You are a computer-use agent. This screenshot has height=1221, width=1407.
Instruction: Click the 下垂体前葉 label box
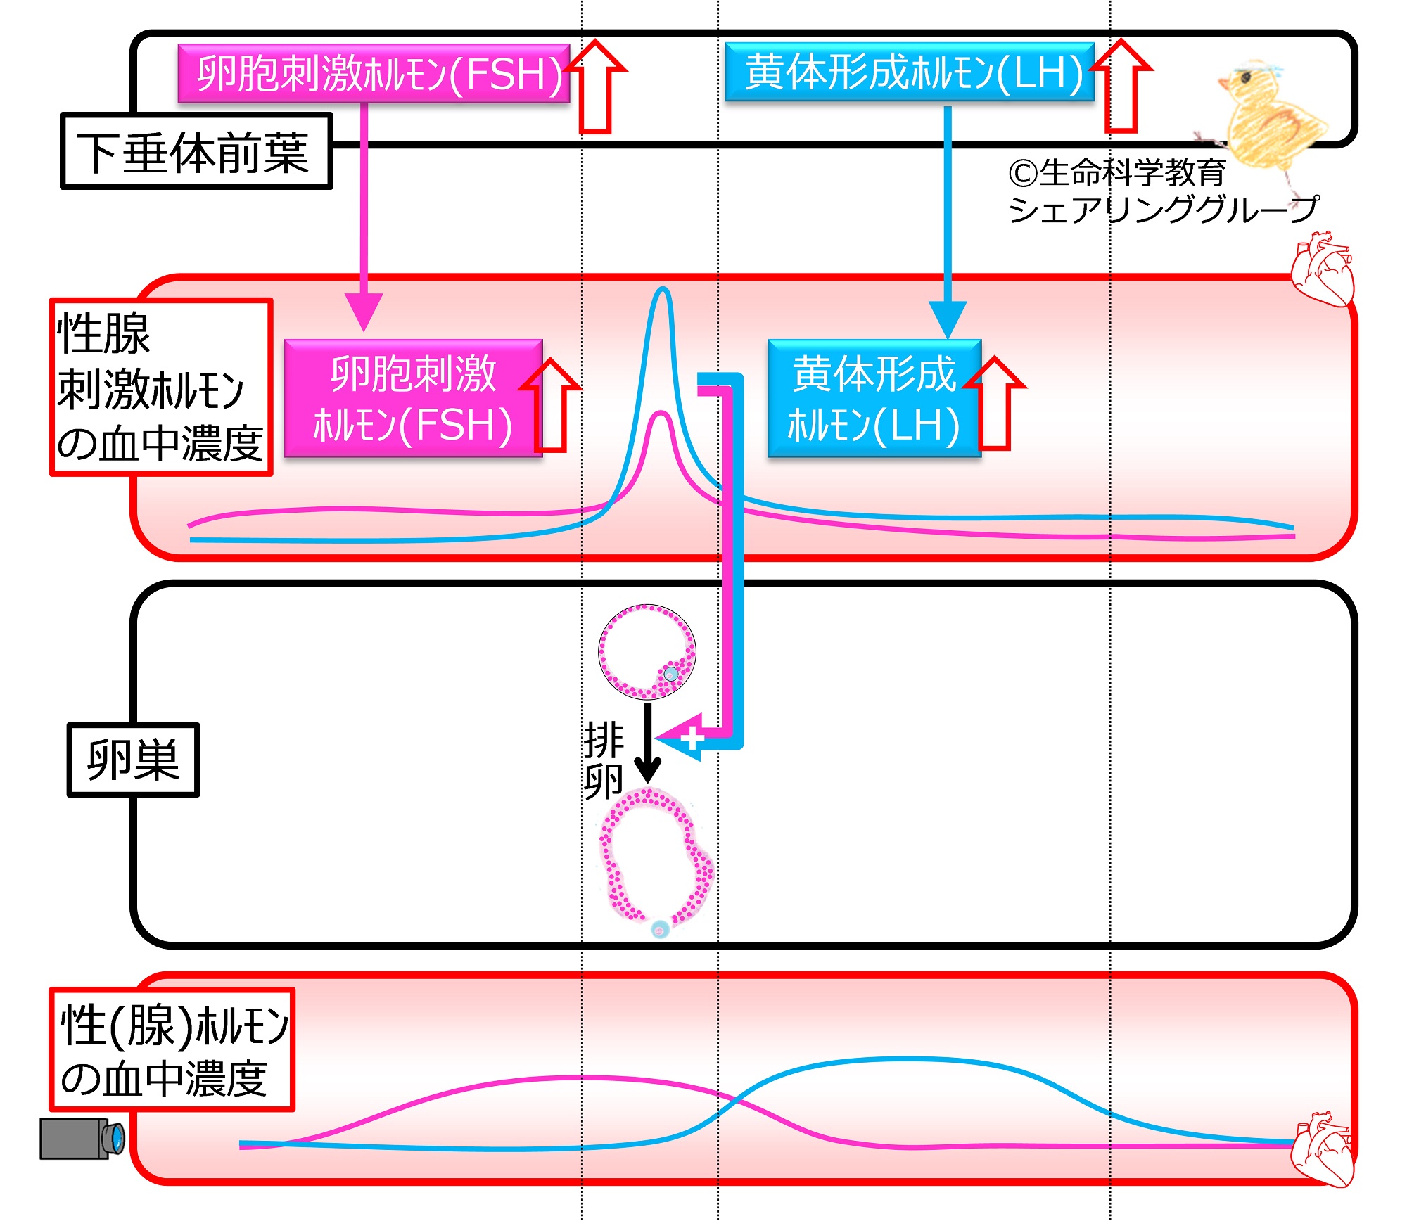196,152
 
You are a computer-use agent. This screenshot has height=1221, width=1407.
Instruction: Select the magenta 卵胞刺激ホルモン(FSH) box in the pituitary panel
374,74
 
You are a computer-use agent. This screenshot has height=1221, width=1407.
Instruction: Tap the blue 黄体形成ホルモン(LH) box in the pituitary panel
909,72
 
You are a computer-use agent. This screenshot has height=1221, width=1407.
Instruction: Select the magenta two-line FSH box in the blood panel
413,399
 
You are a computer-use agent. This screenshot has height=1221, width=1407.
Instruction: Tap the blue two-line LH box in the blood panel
874,399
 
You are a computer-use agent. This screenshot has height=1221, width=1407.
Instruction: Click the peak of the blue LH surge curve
662,289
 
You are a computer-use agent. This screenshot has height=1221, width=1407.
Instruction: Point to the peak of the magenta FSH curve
661,414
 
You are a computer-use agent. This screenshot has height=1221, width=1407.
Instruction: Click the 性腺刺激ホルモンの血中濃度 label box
160,388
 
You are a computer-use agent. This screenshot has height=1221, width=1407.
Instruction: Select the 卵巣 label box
133,760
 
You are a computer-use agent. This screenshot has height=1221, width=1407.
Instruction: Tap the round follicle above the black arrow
647,652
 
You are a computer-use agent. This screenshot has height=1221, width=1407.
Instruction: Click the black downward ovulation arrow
647,742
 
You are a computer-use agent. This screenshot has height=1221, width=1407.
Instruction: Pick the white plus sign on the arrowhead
692,738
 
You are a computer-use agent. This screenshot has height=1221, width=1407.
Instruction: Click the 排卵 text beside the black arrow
603,760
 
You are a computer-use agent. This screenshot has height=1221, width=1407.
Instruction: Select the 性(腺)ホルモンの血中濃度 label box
172,1050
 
